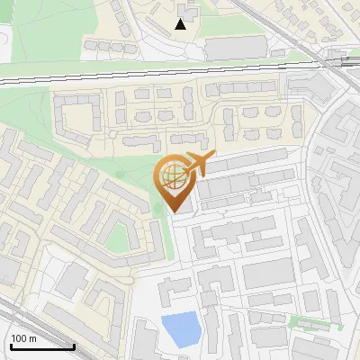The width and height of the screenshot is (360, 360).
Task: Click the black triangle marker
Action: (x=181, y=24)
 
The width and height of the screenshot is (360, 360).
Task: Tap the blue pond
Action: (x=181, y=330)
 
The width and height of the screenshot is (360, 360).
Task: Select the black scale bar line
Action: (x=41, y=347)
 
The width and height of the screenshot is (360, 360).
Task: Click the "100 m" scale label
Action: (x=23, y=338)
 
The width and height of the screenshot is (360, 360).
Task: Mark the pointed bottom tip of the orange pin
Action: (x=174, y=212)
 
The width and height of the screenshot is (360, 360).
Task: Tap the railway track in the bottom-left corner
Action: (x=18, y=315)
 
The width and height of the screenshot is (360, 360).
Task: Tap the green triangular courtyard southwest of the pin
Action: (x=118, y=238)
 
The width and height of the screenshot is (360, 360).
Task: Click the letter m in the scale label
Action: (x=31, y=338)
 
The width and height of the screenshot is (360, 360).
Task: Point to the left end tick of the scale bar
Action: (x=10, y=346)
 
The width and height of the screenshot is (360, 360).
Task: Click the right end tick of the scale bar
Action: (x=74, y=346)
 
